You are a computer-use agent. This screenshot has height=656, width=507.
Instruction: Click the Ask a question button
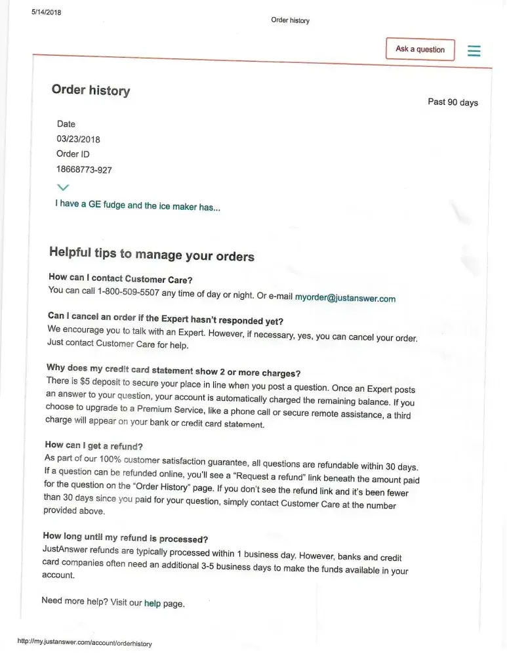pyautogui.click(x=420, y=49)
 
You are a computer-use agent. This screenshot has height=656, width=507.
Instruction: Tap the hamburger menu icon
pyautogui.click(x=474, y=51)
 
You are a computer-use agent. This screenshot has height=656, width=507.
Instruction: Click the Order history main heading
pyautogui.click(x=91, y=91)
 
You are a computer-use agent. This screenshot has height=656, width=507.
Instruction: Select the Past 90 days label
pyautogui.click(x=453, y=102)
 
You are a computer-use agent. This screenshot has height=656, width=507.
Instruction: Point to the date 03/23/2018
pyautogui.click(x=79, y=139)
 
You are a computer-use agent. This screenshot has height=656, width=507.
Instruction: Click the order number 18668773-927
pyautogui.click(x=84, y=170)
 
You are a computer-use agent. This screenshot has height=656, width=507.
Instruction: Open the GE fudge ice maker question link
pyautogui.click(x=138, y=205)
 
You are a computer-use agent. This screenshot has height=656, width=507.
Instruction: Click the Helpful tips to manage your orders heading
pyautogui.click(x=152, y=254)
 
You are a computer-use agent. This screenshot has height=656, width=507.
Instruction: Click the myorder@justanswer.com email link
pyautogui.click(x=345, y=298)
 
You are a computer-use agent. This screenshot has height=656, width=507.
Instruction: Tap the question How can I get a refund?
pyautogui.click(x=94, y=445)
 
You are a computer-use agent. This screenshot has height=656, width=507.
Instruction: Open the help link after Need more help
pyautogui.click(x=152, y=603)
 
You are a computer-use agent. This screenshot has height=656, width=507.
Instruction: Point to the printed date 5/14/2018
pyautogui.click(x=46, y=12)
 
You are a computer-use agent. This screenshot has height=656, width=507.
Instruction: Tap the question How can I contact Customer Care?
pyautogui.click(x=120, y=278)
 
